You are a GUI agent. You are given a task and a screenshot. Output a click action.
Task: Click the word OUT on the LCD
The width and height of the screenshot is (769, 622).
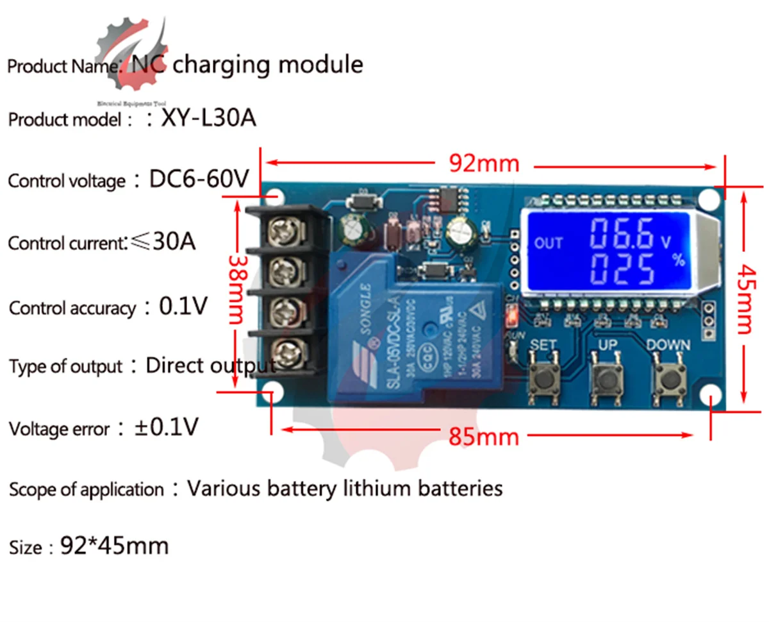[x=548, y=243]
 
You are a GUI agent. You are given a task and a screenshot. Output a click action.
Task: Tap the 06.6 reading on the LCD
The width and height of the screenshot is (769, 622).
[x=622, y=235]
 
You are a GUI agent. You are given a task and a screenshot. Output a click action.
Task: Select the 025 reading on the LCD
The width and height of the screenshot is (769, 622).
[x=622, y=269]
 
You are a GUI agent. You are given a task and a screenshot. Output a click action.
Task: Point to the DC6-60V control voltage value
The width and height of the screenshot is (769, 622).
[x=199, y=180]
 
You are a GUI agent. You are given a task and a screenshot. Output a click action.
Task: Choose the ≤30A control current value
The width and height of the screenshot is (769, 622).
[x=163, y=242]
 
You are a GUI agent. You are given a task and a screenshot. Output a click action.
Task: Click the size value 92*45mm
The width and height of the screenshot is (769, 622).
[x=114, y=546]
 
